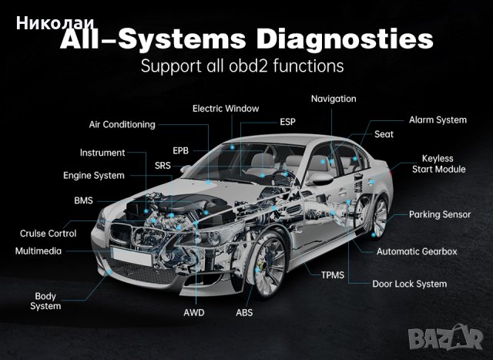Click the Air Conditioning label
122,124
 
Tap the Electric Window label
226,109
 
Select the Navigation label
334,99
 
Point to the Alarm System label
438,119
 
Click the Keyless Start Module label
438,163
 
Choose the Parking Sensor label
440,214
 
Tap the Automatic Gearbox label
417,251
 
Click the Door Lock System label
409,284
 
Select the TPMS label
333,274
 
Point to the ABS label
244,313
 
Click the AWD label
194,313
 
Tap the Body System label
45,301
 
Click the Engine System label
93,175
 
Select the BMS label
83,200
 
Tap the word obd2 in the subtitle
236,66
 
